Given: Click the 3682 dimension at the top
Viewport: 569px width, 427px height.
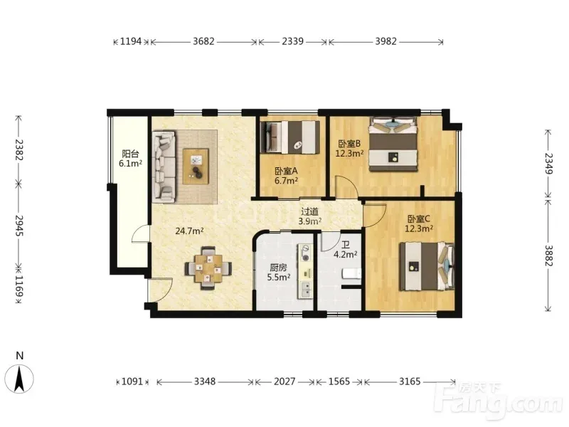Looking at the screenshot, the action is [x=203, y=41].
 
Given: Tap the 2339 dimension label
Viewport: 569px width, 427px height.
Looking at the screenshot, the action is [x=292, y=41].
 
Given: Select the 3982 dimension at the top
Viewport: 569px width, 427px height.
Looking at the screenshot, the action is [x=385, y=41].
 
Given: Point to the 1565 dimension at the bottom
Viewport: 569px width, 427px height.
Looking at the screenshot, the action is [x=339, y=381].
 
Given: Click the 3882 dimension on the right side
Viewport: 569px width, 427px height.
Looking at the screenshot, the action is [x=548, y=255].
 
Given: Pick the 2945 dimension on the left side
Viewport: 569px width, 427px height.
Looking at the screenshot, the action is [x=19, y=226].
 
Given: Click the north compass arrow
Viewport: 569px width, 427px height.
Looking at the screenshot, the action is [x=20, y=379].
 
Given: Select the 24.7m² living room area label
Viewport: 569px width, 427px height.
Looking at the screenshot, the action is [x=189, y=231].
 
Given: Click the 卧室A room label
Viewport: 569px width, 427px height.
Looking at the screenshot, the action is [x=287, y=171].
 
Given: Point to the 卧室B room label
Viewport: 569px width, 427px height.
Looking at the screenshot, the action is [x=349, y=144].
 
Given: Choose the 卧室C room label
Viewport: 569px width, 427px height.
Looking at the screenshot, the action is [x=419, y=219].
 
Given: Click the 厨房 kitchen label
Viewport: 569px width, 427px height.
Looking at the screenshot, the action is [x=278, y=268].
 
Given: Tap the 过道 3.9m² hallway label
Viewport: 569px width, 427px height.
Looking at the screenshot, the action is [x=309, y=216].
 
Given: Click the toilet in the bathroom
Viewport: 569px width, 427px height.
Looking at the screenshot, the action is [x=351, y=274].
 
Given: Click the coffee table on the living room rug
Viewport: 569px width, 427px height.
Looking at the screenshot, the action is [x=196, y=167].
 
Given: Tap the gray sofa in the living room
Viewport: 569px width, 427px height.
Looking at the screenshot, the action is [x=164, y=167].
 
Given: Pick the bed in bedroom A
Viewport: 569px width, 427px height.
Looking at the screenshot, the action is [x=290, y=137].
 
